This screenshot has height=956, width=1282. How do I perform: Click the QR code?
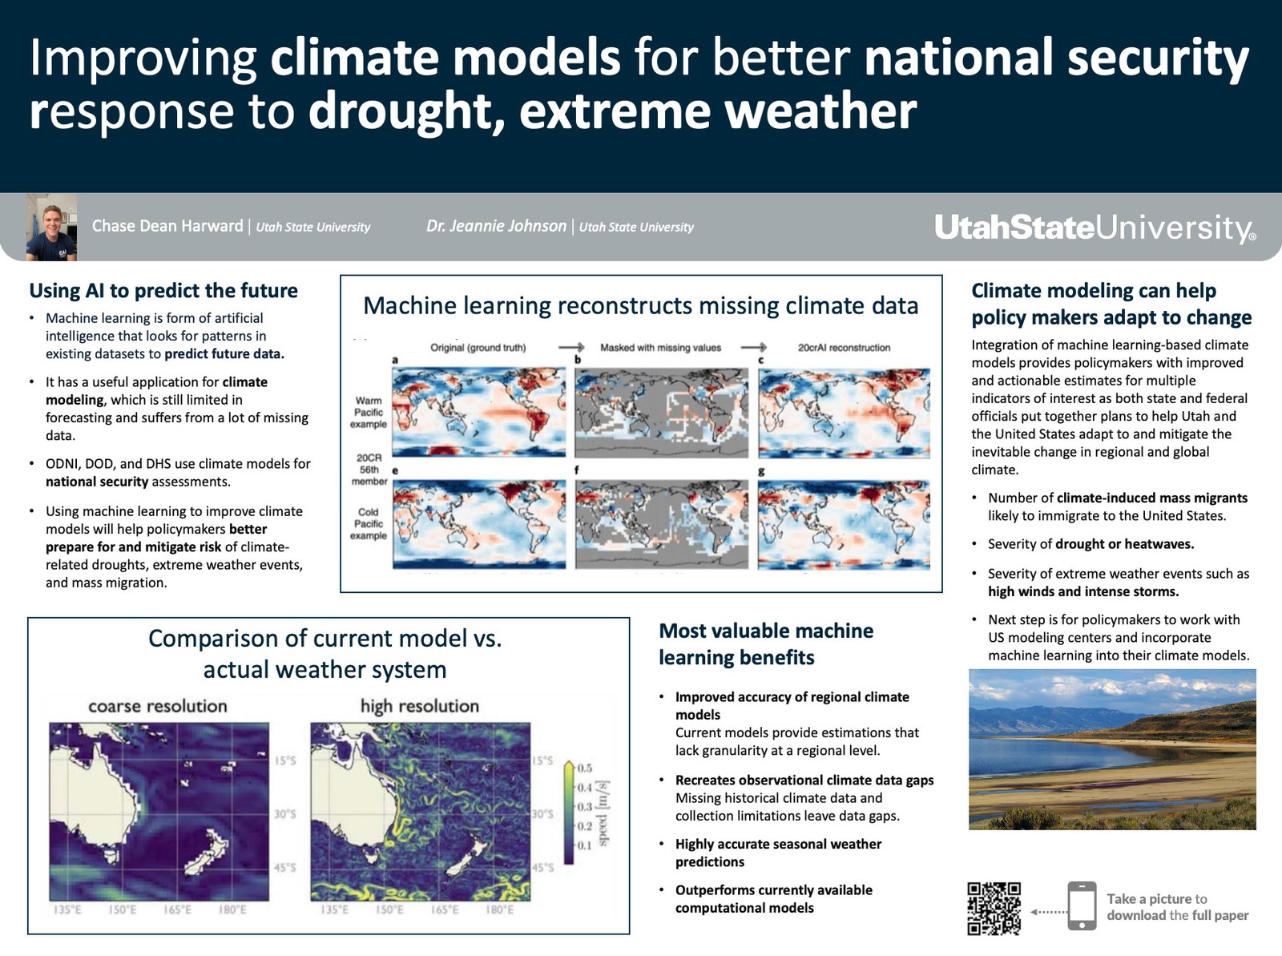pos(994,908)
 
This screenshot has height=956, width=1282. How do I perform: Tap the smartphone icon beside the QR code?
pos(1082,906)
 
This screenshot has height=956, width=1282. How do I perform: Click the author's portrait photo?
pos(51,227)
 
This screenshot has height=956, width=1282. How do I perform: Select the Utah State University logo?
pos(1095,227)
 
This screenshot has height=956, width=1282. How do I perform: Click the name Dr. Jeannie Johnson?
pos(496,226)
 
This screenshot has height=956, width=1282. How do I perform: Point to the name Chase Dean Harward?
pos(167,226)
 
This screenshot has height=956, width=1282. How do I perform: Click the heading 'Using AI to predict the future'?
pos(163,290)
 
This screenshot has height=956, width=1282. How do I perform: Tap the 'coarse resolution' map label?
pos(158,706)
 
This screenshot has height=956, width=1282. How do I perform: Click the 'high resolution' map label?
pos(419,706)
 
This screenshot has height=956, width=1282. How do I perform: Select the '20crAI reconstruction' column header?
pos(844,348)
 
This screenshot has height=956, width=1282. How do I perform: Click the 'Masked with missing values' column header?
pos(660,348)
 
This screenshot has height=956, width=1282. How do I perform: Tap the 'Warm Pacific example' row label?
pos(368,413)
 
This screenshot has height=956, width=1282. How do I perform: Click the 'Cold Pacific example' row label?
pos(368,524)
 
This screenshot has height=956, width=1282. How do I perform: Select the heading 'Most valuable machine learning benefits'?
pos(766,644)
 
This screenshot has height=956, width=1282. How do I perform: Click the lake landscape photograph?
pos(1112,749)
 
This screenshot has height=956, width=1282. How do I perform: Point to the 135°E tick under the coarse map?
pos(67,910)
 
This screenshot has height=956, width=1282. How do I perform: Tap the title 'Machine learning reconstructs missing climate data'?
pos(641,305)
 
